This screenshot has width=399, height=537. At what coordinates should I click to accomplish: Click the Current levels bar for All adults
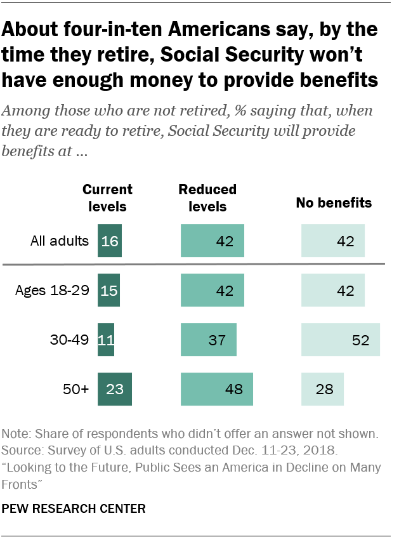(109, 241)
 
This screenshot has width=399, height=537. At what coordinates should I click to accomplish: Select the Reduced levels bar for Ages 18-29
(212, 290)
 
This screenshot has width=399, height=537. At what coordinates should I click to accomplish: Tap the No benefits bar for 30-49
(340, 339)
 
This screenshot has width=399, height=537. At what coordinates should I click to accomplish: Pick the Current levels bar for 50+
(114, 388)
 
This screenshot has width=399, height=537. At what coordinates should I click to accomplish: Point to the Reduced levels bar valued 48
(216, 388)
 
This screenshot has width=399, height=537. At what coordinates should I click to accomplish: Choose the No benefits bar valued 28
(322, 388)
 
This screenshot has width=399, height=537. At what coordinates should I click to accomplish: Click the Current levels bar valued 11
(105, 339)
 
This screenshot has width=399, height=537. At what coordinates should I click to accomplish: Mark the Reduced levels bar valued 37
(208, 339)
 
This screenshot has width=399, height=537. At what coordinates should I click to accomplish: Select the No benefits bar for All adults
(332, 241)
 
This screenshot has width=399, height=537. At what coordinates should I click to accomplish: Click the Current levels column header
(108, 197)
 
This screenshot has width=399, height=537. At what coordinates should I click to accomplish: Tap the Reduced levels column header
(207, 197)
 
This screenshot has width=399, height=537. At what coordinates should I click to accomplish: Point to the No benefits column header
(334, 204)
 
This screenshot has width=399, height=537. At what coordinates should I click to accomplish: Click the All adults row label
(59, 241)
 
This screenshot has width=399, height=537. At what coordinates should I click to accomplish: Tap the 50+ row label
(76, 389)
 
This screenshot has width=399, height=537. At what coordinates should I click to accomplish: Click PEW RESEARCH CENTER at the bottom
(74, 508)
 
